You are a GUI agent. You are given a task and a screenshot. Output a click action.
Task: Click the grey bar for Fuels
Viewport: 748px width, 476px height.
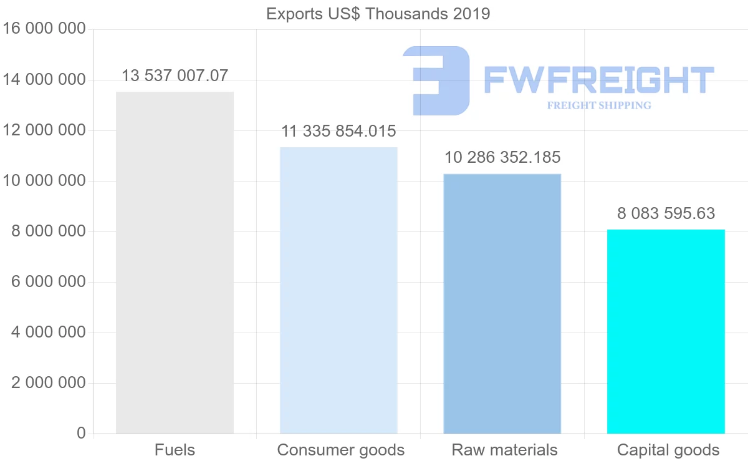(x=175, y=263)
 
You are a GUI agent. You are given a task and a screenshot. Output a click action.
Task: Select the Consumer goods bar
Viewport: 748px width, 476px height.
(x=338, y=290)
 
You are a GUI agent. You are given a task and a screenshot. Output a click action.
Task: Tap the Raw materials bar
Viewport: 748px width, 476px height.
(x=502, y=303)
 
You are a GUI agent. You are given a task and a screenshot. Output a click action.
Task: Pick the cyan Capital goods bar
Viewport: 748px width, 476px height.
(x=666, y=331)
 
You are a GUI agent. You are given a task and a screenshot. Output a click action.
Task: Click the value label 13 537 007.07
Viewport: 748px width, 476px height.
(x=175, y=76)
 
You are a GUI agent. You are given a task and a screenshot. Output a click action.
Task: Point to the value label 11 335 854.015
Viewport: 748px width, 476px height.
(x=338, y=132)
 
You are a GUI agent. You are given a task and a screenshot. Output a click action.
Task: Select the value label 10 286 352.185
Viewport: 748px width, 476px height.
(x=502, y=157)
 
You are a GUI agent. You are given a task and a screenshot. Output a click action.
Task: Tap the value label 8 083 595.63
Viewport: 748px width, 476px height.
(x=666, y=214)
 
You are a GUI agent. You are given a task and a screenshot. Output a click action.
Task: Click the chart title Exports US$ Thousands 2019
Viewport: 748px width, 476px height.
(x=378, y=14)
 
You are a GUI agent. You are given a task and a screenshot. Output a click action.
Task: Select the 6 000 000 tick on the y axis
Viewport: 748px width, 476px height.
(x=49, y=282)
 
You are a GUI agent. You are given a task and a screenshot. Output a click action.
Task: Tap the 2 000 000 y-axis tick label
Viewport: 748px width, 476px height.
(x=49, y=383)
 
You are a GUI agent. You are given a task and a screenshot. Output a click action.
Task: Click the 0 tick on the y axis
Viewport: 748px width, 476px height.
(x=81, y=433)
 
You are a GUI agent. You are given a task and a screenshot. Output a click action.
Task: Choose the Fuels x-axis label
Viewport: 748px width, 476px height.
(x=175, y=450)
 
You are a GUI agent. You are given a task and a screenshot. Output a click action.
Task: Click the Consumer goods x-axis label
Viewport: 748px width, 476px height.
(x=340, y=450)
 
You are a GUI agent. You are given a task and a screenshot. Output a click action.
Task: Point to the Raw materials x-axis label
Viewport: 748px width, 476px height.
(x=504, y=450)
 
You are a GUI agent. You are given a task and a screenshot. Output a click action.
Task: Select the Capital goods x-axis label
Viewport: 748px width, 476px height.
(x=668, y=450)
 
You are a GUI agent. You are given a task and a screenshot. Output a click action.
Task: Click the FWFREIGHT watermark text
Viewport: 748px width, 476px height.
(x=598, y=80)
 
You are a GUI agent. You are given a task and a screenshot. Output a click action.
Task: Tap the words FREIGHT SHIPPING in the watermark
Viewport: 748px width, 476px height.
(x=598, y=105)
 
